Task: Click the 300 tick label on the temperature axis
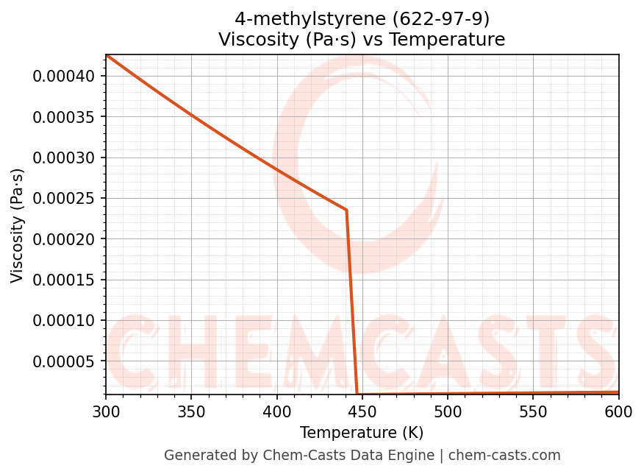106,412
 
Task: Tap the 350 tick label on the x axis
191,412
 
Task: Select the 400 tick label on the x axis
276,412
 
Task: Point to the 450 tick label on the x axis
362,412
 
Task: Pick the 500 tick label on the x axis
448,412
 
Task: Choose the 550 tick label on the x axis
533,412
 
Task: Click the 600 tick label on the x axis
618,412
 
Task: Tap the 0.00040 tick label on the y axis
64,77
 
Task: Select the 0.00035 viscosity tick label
64,117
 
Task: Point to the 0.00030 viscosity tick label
64,158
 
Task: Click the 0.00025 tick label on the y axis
64,199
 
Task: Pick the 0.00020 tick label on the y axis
64,239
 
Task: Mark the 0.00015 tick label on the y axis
64,280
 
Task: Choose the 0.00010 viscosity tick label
64,320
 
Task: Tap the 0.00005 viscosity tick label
64,361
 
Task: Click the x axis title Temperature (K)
362,433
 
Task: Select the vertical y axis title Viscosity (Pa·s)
18,225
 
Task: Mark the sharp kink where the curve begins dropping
346,211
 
